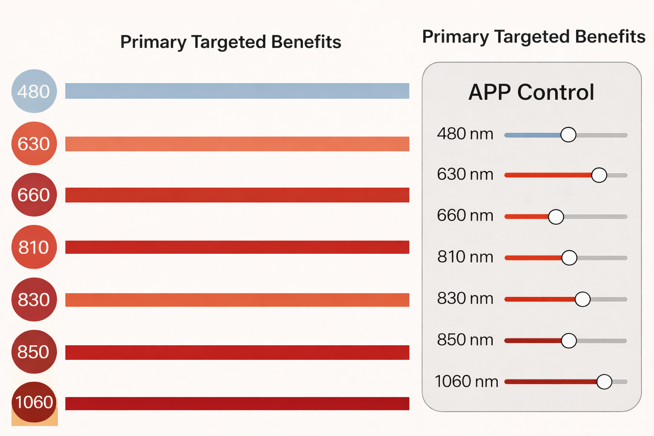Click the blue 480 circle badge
34,91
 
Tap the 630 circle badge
34,143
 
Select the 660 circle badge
34,195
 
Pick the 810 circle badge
34,247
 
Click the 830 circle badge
34,299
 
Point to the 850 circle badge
34,352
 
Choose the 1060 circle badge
34,402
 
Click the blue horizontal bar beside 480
237,91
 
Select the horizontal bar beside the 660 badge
237,195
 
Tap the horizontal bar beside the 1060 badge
237,404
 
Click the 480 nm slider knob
568,135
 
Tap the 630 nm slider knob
599,175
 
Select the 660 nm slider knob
556,217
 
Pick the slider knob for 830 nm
582,299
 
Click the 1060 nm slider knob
604,382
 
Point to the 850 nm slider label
465,340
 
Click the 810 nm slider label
465,257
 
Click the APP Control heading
531,92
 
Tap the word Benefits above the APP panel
611,37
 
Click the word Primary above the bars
153,42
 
